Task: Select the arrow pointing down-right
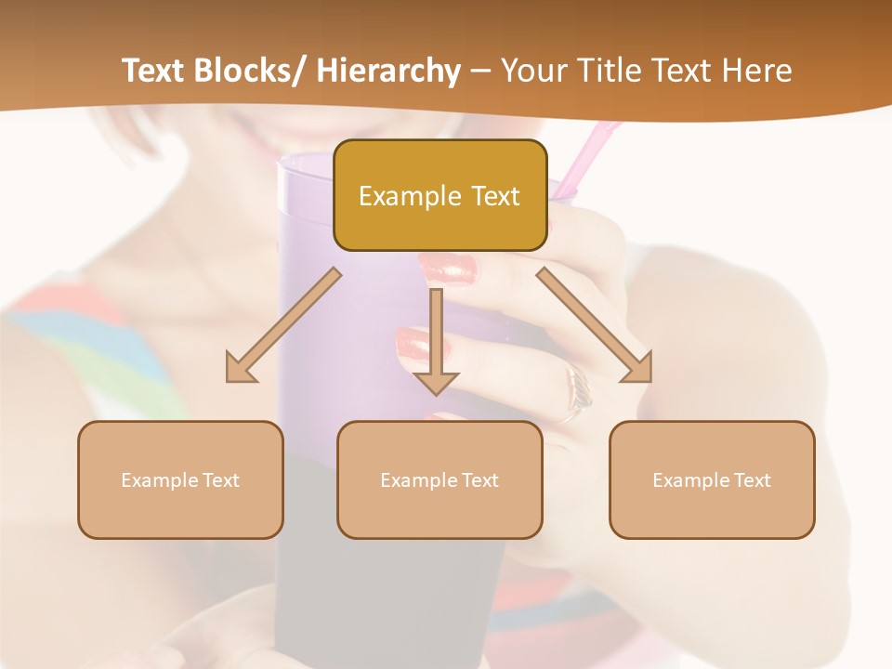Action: tap(595, 326)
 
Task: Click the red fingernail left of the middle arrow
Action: tap(413, 345)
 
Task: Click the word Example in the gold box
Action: tap(397, 196)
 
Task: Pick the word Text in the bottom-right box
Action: tap(751, 480)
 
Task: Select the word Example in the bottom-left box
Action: tap(159, 480)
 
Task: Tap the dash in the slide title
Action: tap(480, 72)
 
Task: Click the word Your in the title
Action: tap(531, 71)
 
